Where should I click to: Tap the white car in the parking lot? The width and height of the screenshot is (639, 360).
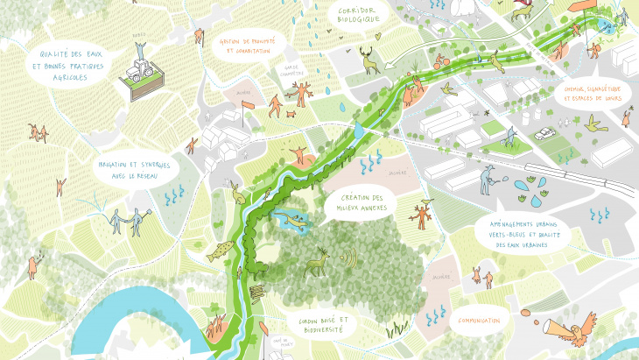click(x=544, y=134)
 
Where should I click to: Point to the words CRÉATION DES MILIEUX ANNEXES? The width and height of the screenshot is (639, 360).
click(x=360, y=204)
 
